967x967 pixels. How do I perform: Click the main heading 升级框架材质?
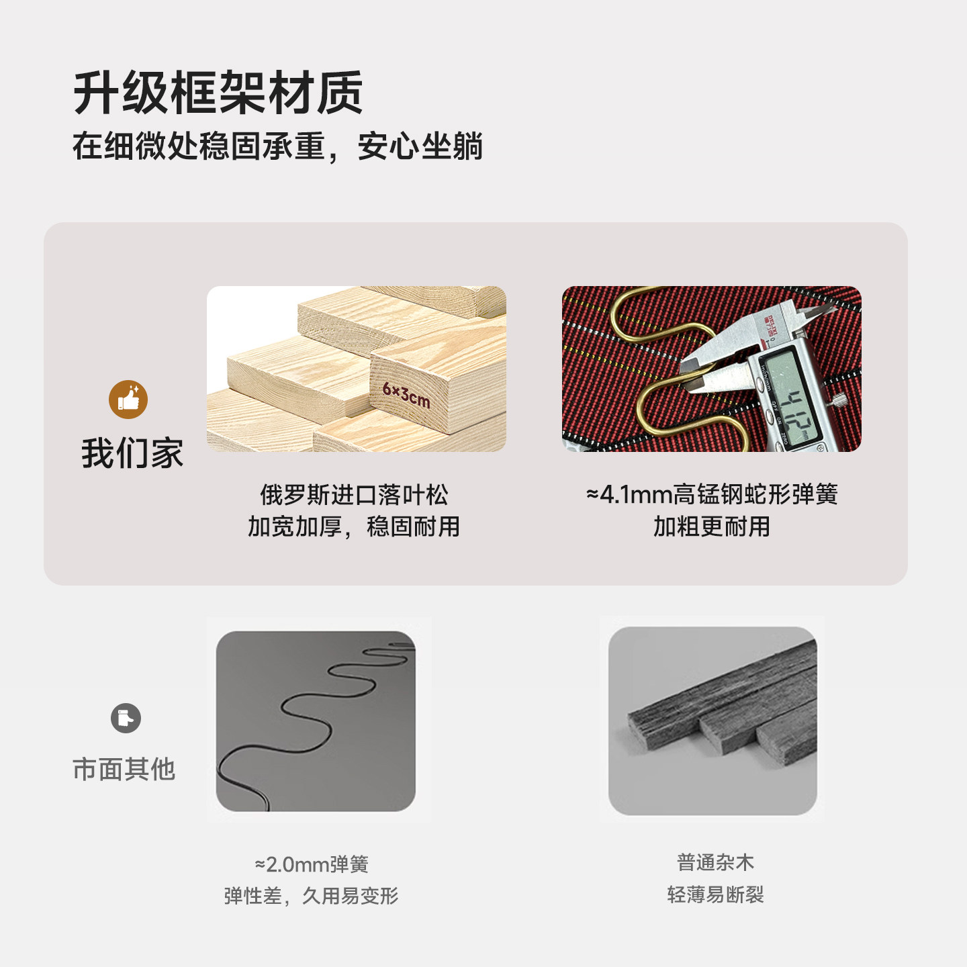(x=218, y=93)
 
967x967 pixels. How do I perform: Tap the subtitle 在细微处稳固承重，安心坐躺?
(x=277, y=146)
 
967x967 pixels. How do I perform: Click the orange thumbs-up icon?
(x=128, y=400)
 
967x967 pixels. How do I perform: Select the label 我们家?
(x=132, y=453)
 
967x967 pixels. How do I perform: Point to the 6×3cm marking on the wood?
(x=406, y=395)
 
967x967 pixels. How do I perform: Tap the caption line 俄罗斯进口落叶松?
(x=354, y=495)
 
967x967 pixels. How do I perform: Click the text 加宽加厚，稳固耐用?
(x=354, y=526)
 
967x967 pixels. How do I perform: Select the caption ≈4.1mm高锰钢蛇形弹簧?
(x=712, y=494)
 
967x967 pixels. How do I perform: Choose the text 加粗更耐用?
(x=712, y=526)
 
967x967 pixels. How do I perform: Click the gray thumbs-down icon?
(x=126, y=719)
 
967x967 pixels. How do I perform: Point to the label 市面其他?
(x=124, y=769)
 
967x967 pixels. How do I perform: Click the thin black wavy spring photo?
(x=316, y=721)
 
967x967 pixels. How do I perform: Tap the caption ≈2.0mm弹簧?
(x=312, y=864)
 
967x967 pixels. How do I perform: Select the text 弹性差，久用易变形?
(x=312, y=896)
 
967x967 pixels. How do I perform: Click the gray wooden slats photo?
(x=712, y=721)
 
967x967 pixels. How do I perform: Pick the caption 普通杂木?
(x=715, y=862)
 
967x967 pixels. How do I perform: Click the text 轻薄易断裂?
(x=715, y=894)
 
